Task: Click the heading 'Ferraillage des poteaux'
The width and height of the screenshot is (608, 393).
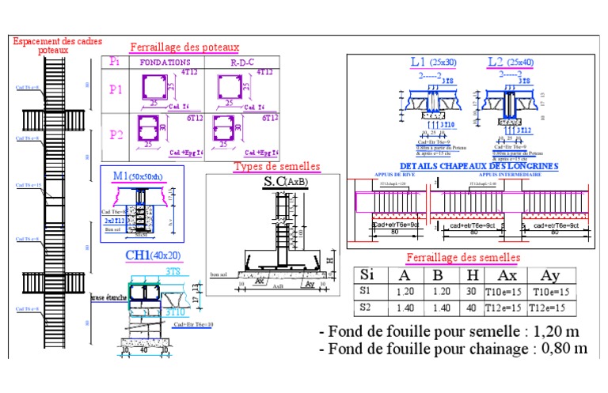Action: (184, 47)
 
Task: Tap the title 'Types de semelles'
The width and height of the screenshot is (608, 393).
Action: (276, 166)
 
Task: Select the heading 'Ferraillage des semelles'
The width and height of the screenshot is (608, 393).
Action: (462, 258)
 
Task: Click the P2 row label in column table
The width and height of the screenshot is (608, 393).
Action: (116, 134)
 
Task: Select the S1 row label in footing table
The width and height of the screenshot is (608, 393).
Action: (366, 292)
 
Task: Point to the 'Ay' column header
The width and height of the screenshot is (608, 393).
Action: (549, 275)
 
